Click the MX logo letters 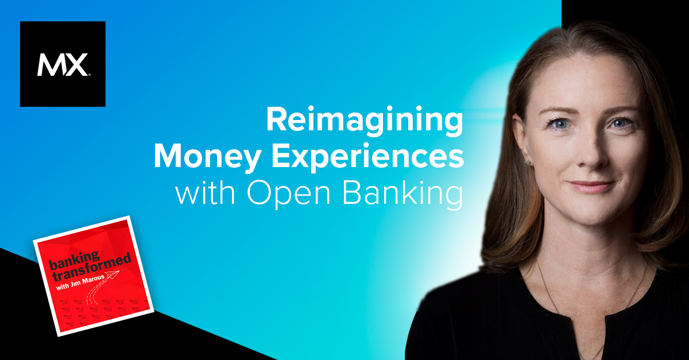point(63,65)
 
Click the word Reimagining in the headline point(365,121)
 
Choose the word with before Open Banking point(205,193)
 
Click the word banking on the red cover point(75,260)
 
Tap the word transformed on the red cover point(91,268)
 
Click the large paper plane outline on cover point(111,274)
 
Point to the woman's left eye point(621,123)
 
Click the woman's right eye point(560,124)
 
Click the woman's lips point(591,187)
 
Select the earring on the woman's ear point(528,162)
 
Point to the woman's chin point(592,215)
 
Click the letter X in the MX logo point(76,65)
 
